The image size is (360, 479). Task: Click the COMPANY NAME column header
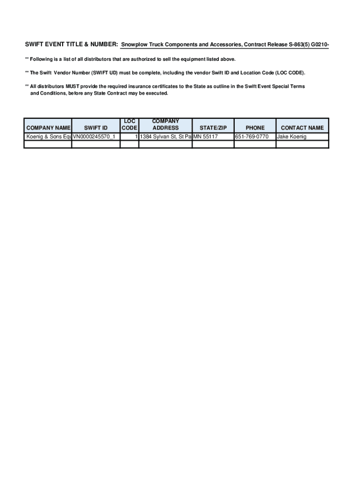pos(48,128)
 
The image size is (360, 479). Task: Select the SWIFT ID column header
pos(96,128)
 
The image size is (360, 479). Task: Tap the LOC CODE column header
pos(130,124)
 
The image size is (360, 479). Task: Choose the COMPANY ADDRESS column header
pos(166,124)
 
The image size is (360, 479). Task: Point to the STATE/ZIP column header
pos(213,128)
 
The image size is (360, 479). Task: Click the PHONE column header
pos(255,128)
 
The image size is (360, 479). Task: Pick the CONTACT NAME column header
pos(302,128)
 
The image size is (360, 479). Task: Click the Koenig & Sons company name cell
pos(48,137)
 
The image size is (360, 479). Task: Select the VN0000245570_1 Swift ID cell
pos(96,137)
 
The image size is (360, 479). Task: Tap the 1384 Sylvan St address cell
pos(166,137)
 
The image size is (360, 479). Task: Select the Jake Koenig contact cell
pos(292,137)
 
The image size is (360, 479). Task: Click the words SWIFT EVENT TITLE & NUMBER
pos(71,45)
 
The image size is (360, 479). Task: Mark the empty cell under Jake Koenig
pos(302,145)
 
